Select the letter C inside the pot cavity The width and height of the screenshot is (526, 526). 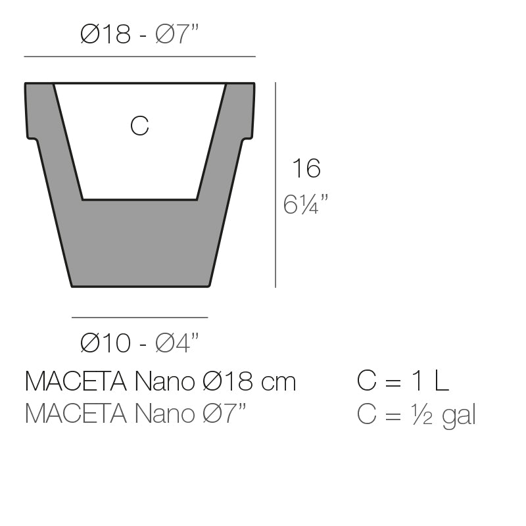pyautogui.click(x=139, y=126)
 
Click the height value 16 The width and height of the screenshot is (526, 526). pyautogui.click(x=306, y=169)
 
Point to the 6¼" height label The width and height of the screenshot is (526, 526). pyautogui.click(x=306, y=204)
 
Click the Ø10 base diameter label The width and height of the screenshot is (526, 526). pyautogui.click(x=105, y=343)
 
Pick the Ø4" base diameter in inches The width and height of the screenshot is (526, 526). pyautogui.click(x=177, y=343)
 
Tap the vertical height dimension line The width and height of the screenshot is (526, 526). pyautogui.click(x=275, y=185)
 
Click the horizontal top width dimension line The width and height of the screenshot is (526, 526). pyautogui.click(x=139, y=57)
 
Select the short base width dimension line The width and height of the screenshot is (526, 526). pyautogui.click(x=139, y=318)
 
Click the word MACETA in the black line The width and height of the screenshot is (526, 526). pyautogui.click(x=76, y=381)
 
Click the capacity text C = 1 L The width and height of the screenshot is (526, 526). pyautogui.click(x=402, y=381)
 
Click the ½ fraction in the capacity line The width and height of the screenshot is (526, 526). pyautogui.click(x=422, y=415)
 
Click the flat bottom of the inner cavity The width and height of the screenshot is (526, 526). pyautogui.click(x=139, y=199)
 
